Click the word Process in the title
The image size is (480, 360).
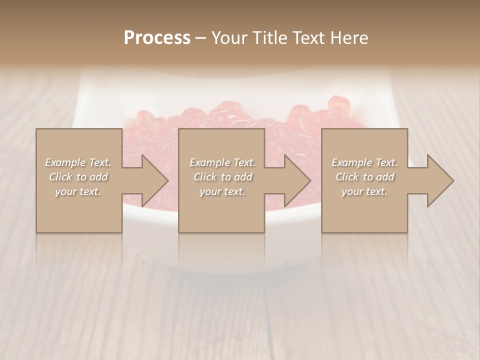(157, 38)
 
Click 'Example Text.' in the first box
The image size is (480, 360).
(78, 162)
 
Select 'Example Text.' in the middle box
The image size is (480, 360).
(222, 162)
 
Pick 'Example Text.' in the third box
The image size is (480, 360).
(364, 162)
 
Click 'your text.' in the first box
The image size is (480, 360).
(78, 191)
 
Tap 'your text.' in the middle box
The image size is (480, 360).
(222, 191)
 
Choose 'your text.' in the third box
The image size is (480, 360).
(364, 191)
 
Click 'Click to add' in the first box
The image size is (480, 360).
(78, 177)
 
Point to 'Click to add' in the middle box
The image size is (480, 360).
(222, 177)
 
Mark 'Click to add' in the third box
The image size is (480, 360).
(364, 177)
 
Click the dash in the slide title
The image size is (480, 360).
(201, 38)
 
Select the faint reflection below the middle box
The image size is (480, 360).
(221, 250)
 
